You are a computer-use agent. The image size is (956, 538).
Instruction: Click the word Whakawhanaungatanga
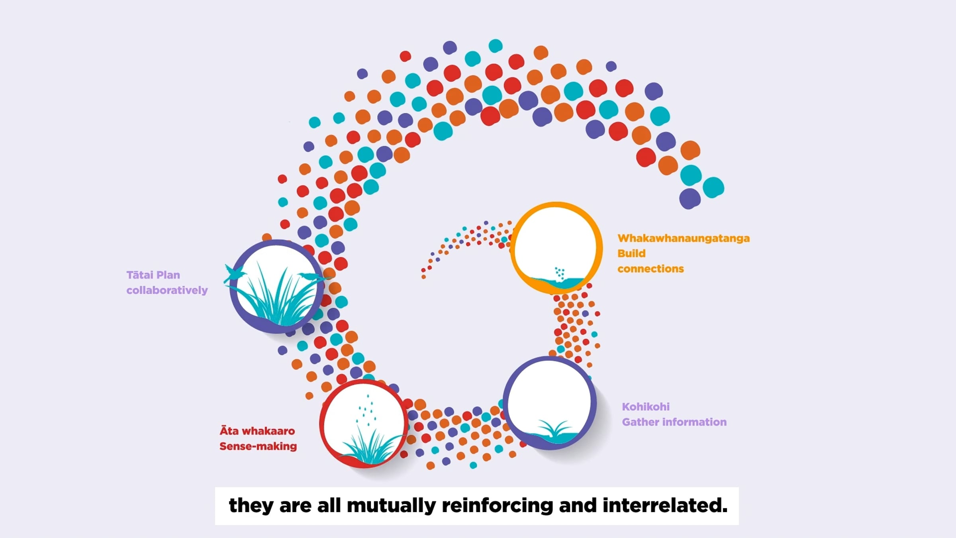684,238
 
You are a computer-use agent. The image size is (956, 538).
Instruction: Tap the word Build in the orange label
631,253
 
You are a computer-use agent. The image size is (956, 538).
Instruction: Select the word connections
650,269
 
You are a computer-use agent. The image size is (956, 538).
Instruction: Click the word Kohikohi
646,406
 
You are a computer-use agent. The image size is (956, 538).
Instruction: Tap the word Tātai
140,275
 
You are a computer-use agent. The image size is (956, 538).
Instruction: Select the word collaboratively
167,290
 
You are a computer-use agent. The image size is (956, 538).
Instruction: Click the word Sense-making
258,446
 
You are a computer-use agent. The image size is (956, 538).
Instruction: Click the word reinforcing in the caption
498,505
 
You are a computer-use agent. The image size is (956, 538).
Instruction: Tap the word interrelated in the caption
665,505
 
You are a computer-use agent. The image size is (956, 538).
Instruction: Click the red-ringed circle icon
364,424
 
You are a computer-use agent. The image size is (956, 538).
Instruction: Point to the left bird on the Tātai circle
234,274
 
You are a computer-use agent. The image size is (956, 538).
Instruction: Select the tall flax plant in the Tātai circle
275,295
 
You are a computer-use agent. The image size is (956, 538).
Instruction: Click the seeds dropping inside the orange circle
560,273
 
